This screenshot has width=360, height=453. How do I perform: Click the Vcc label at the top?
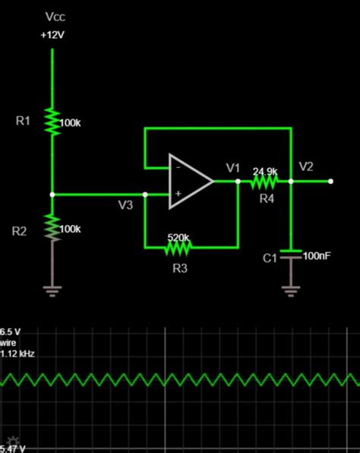pyautogui.click(x=55, y=16)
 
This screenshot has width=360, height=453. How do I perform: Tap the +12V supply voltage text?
pyautogui.click(x=53, y=35)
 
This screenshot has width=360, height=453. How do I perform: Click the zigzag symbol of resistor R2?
pyautogui.click(x=52, y=226)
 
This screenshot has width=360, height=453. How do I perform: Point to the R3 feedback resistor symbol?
pyautogui.click(x=179, y=246)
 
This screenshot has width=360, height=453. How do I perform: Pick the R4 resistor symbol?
pyautogui.click(x=264, y=182)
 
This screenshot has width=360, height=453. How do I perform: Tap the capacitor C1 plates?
pyautogui.click(x=290, y=256)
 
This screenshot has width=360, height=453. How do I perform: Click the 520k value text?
pyautogui.click(x=178, y=236)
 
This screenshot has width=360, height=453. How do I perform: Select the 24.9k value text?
pyautogui.click(x=265, y=171)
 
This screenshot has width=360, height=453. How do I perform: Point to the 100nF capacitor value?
pyautogui.click(x=317, y=256)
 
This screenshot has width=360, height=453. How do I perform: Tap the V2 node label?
pyautogui.click(x=306, y=166)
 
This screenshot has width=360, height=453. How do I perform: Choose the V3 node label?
pyautogui.click(x=125, y=204)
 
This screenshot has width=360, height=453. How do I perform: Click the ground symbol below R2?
pyautogui.click(x=52, y=290)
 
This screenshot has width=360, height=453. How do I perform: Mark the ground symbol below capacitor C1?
pyautogui.click(x=290, y=289)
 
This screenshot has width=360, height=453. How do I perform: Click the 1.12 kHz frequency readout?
pyautogui.click(x=17, y=353)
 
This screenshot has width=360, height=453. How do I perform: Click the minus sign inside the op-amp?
pyautogui.click(x=178, y=166)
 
